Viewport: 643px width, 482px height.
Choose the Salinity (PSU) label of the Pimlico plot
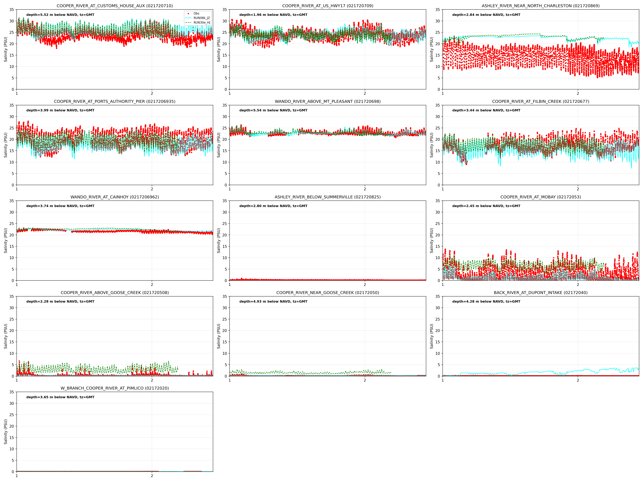pos(6,432)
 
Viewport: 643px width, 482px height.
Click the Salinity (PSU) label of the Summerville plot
pos(219,241)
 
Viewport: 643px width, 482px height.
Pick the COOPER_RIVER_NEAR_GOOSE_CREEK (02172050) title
pos(328,293)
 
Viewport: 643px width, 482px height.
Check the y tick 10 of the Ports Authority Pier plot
pos(12,162)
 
